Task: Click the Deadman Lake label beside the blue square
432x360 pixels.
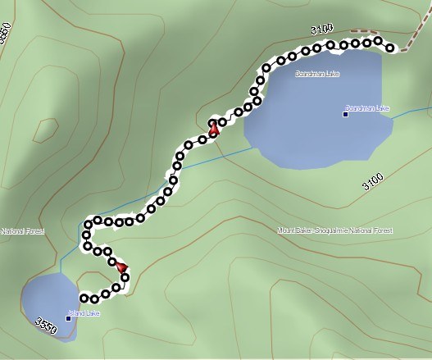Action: (368, 108)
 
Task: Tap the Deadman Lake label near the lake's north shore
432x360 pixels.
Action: (317, 74)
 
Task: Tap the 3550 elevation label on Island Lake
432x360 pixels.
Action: (47, 327)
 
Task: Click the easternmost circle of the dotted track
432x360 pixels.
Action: (390, 48)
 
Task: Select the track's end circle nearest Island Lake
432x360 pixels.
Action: (84, 298)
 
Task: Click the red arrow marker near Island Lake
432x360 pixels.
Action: (123, 267)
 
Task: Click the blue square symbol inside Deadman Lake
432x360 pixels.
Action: (346, 113)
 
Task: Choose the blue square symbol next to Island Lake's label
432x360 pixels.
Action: (68, 318)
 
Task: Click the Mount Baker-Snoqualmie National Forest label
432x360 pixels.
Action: (334, 230)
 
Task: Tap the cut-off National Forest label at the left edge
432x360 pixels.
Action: (21, 231)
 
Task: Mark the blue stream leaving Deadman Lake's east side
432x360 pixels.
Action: (410, 113)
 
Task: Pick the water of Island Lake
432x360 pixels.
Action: (45, 299)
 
